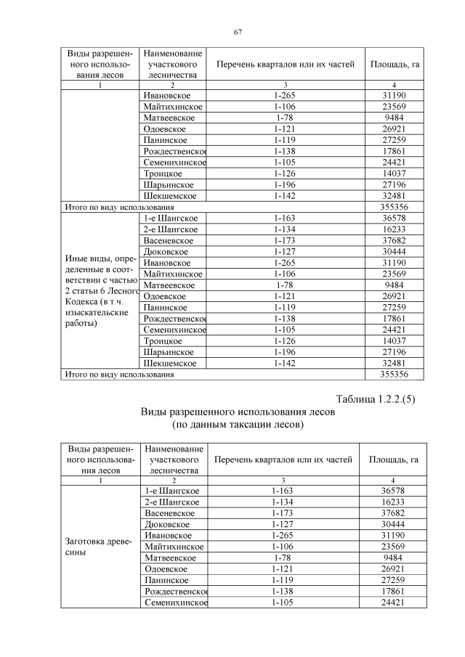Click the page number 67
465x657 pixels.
tap(237, 32)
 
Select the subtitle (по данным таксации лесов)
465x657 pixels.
tap(236, 424)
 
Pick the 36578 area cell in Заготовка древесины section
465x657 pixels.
tap(393, 491)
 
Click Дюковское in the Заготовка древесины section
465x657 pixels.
tap(167, 524)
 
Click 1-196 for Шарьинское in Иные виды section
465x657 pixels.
tap(285, 351)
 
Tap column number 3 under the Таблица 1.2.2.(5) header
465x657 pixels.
tap(285, 481)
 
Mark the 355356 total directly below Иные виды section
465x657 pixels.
tap(393, 374)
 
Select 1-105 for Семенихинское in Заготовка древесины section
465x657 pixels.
tap(285, 602)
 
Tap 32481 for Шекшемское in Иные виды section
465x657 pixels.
tap(393, 362)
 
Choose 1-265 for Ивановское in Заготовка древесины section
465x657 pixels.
tap(285, 535)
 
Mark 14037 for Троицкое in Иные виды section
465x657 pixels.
tap(393, 340)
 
